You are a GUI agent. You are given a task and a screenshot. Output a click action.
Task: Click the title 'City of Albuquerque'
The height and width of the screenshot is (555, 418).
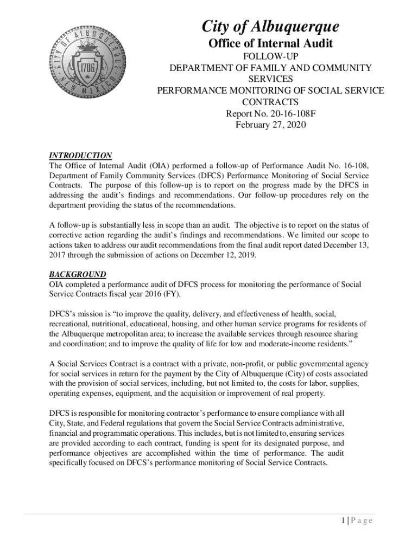click(270, 27)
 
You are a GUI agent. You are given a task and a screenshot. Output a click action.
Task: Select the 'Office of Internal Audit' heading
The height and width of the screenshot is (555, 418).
click(270, 43)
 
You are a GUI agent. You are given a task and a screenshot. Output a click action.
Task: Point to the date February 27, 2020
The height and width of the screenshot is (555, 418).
click(270, 125)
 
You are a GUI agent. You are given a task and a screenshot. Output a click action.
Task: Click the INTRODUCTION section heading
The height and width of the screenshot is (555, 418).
click(80, 156)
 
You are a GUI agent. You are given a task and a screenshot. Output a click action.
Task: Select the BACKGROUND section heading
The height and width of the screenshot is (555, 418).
click(78, 275)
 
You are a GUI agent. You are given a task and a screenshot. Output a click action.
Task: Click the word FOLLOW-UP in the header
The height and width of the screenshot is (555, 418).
click(270, 56)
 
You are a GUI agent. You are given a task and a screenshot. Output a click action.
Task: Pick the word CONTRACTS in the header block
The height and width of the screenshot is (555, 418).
click(270, 102)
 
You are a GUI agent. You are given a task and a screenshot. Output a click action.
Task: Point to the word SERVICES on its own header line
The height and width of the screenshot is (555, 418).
click(270, 79)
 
